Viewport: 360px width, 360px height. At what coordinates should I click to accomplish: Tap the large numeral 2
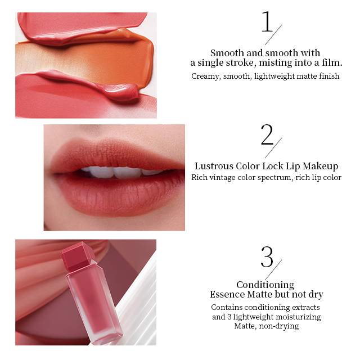(267, 134)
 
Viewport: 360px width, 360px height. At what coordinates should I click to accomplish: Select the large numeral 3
(267, 256)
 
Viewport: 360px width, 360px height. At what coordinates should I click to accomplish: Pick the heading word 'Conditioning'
(265, 285)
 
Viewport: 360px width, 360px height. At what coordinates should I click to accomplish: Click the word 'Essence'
(227, 294)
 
